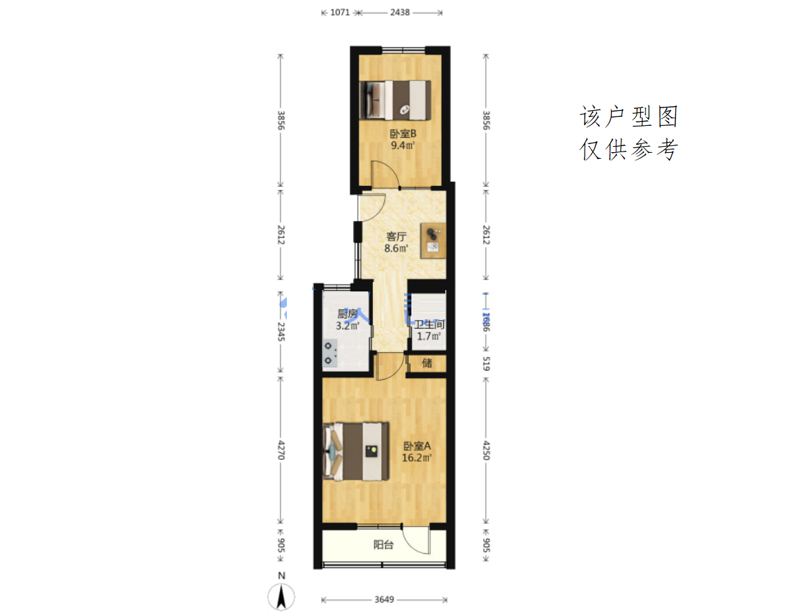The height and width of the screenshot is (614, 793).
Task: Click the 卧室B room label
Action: click(403, 134)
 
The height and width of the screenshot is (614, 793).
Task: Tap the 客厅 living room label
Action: click(396, 237)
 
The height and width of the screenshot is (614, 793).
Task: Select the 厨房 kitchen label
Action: click(347, 314)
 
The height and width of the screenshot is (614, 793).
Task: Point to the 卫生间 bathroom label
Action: click(430, 325)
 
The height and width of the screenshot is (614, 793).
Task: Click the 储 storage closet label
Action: click(427, 363)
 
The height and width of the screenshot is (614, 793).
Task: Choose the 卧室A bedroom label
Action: click(417, 446)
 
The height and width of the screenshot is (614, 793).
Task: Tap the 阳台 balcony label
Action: click(384, 544)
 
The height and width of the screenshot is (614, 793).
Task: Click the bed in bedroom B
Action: click(395, 100)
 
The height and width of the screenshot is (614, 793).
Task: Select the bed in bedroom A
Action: click(356, 451)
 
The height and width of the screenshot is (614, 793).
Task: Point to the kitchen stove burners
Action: click(330, 353)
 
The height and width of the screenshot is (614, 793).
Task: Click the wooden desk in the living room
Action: click(434, 241)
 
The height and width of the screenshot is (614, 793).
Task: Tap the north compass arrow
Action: click(281, 596)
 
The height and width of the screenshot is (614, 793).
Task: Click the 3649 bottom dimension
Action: click(384, 599)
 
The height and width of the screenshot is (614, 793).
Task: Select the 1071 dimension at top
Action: click(340, 12)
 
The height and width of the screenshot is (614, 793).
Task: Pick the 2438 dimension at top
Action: click(399, 12)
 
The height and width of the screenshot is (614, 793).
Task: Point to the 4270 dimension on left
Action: click(281, 450)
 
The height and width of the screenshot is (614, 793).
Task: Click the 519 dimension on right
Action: click(486, 363)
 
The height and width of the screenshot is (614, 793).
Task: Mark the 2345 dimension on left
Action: click(281, 331)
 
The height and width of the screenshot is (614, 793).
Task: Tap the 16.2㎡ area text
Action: click(417, 458)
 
